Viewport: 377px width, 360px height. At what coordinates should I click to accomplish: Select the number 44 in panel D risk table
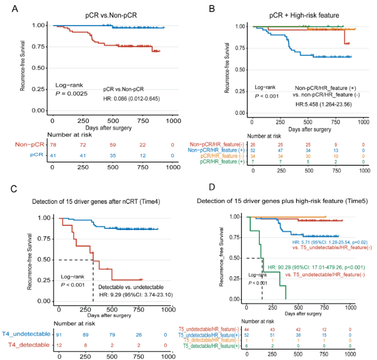(247, 329)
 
